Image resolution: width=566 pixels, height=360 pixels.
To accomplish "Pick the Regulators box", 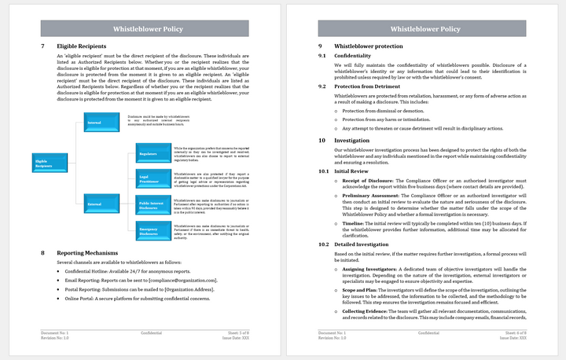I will pos(153,153).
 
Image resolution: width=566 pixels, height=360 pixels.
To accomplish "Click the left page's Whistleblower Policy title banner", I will pos(146,29).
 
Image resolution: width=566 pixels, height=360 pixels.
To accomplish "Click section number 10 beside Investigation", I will pos(322,140).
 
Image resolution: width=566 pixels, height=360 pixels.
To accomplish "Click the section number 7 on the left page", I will pos(42,46).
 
